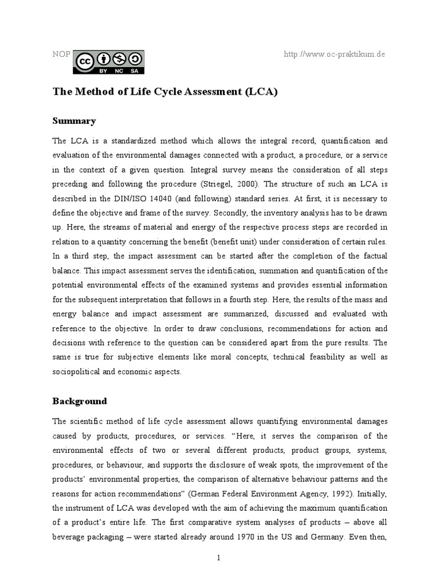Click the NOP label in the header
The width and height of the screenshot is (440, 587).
click(x=61, y=54)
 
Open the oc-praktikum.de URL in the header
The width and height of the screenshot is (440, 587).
click(x=335, y=54)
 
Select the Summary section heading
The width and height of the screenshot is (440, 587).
click(x=74, y=121)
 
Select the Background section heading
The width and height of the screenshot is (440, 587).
click(x=80, y=401)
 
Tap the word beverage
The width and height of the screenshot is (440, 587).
click(x=70, y=522)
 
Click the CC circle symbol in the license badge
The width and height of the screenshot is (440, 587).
click(x=84, y=59)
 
